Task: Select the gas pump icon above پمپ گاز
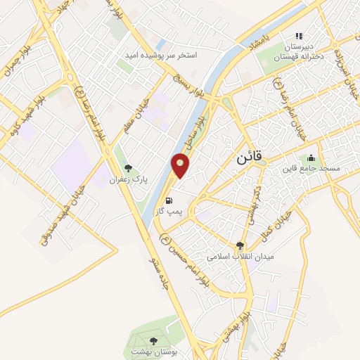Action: pyautogui.click(x=167, y=200)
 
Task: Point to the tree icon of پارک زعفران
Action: pyautogui.click(x=127, y=168)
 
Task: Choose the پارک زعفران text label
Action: pyautogui.click(x=127, y=180)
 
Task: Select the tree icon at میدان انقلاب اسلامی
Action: pyautogui.click(x=241, y=245)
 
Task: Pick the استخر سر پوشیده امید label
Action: pyautogui.click(x=167, y=54)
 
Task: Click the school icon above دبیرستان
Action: pyautogui.click(x=298, y=36)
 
